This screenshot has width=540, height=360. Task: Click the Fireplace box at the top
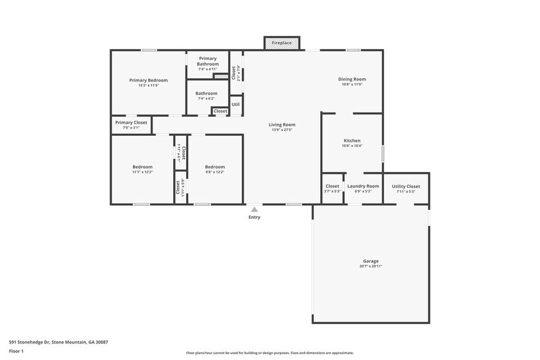point(282,43)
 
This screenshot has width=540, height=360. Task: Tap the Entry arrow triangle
point(254,209)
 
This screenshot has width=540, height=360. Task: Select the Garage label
point(370,261)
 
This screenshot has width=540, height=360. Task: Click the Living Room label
point(282,125)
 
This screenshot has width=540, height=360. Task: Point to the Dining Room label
point(352,79)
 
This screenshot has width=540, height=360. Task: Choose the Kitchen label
point(352,141)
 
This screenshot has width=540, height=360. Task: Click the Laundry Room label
point(363,186)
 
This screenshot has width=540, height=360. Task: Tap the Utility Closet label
point(406,186)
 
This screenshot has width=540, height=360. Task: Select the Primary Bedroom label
point(148,80)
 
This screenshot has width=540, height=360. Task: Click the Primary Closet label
point(131,122)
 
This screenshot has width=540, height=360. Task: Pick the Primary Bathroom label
point(208,61)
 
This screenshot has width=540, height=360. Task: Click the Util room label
point(236,105)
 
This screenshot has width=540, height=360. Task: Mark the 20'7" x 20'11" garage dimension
point(370,266)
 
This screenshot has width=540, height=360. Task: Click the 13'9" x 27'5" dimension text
point(282,130)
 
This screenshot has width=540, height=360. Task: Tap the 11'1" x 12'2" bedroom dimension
point(143,172)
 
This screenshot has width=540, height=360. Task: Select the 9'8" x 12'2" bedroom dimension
point(215,172)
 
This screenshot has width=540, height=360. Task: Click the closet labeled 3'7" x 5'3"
point(332,189)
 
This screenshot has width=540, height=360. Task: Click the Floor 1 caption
point(16,351)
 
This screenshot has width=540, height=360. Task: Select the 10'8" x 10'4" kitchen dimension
point(352,146)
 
